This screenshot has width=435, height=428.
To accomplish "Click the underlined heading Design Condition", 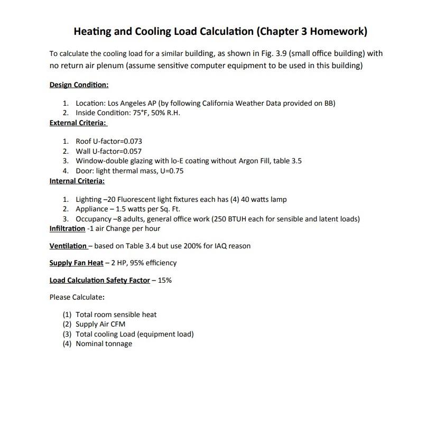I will [79, 85].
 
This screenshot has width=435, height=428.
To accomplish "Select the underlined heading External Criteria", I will [78, 123].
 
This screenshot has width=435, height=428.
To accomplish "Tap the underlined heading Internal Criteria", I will [77, 181].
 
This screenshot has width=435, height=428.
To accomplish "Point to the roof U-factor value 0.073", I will [132, 141].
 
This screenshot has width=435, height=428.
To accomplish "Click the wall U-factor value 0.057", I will [132, 151].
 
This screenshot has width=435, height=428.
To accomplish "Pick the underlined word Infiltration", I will [67, 228].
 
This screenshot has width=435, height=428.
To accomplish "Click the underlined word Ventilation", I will [68, 246].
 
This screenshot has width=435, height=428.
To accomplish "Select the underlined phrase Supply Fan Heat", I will [76, 263].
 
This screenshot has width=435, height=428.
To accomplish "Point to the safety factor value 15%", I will [164, 280].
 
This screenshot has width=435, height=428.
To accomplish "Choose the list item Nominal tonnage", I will [104, 343].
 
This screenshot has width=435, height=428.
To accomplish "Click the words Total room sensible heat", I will [116, 314].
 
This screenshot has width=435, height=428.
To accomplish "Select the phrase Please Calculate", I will [77, 297].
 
